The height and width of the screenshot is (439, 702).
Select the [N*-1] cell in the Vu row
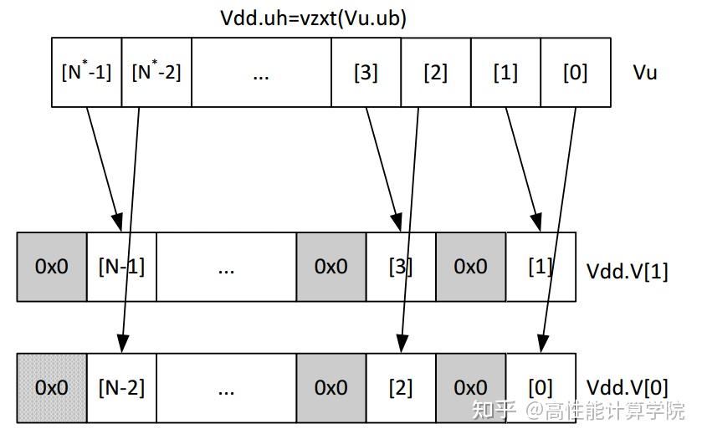[86, 72]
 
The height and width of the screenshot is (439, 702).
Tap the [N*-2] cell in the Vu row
[156, 72]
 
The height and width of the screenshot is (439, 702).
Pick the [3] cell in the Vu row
[366, 72]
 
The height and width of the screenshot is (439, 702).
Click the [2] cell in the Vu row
[436, 72]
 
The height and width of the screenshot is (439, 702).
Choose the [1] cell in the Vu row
[505, 72]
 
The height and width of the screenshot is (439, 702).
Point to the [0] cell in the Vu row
[576, 72]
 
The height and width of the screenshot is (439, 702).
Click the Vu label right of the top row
[645, 72]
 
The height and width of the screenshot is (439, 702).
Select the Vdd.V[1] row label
[627, 272]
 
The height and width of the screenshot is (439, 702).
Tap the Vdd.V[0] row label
[627, 388]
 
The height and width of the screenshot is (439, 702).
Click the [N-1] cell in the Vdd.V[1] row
[121, 267]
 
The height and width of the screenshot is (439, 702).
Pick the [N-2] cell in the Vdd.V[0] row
[121, 388]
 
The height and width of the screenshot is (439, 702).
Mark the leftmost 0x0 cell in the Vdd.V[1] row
[52, 267]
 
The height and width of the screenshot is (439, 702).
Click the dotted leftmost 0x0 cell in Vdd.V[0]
[52, 388]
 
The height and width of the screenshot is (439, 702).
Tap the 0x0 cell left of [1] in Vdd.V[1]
[470, 267]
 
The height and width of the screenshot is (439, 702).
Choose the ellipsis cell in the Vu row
[261, 72]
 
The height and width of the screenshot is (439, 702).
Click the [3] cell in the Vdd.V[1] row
[401, 267]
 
